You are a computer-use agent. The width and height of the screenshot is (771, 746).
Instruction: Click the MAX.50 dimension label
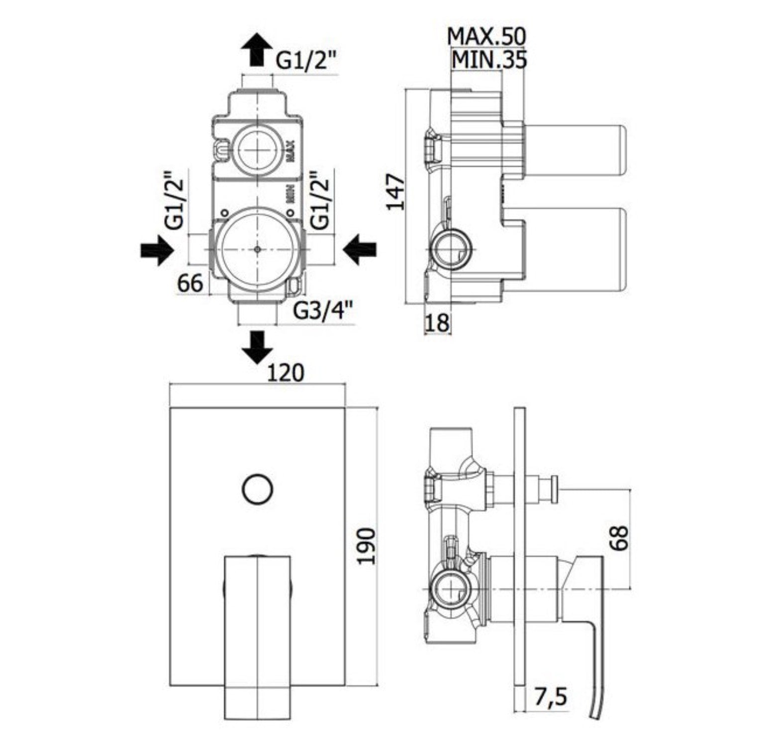tap(486, 36)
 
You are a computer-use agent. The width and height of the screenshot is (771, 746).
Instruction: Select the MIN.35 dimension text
tap(488, 60)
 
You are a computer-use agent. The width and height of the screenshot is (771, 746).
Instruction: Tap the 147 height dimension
tap(396, 192)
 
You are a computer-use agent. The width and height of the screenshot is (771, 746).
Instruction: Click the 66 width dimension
tap(191, 283)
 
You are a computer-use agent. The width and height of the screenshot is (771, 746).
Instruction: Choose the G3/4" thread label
tap(323, 311)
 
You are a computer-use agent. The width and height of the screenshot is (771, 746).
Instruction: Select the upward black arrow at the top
tap(256, 50)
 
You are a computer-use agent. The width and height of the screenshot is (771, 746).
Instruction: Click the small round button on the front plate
tap(257, 489)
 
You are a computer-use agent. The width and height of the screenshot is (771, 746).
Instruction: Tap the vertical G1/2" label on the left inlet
tap(175, 200)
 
